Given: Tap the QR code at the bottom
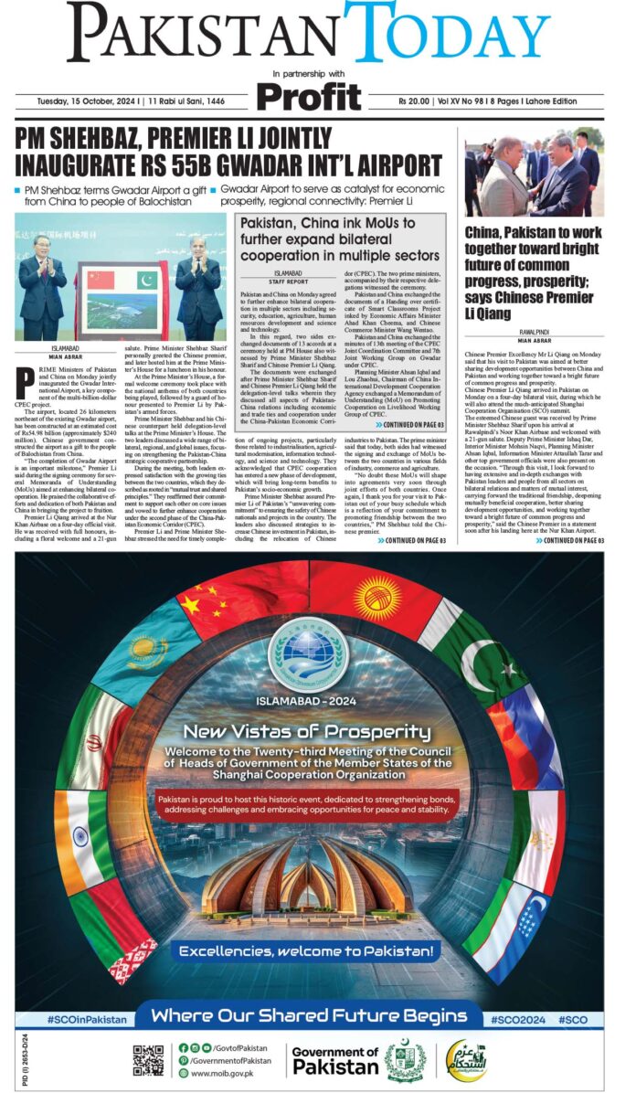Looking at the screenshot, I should (x=148, y=1059).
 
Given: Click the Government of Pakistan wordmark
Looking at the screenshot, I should (x=334, y=1061).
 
